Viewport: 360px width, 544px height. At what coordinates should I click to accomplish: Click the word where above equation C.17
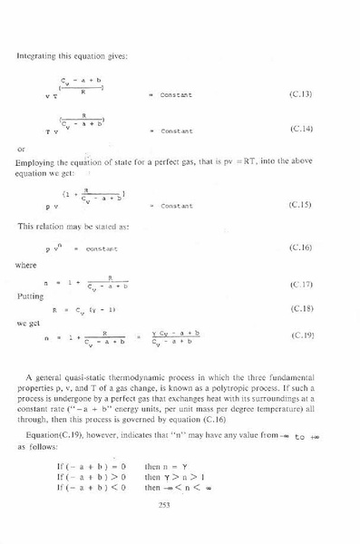(x=26, y=266)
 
